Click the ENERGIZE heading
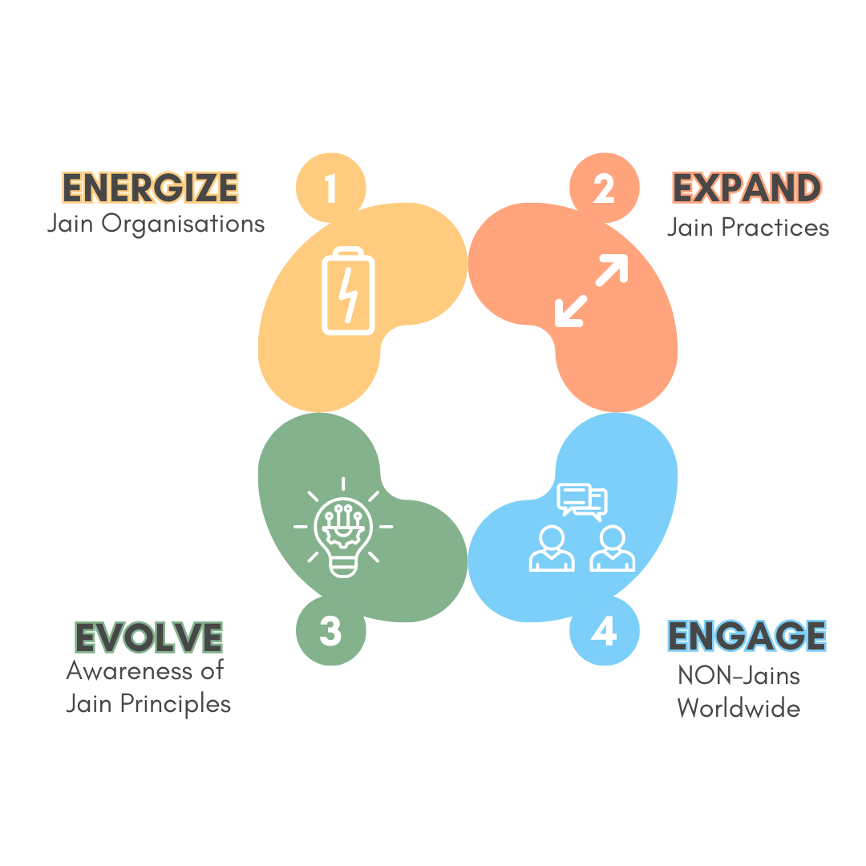tap(150, 188)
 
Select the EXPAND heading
tap(747, 188)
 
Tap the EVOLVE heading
tap(148, 637)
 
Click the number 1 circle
tap(330, 189)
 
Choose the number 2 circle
tap(603, 189)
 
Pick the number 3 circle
tap(330, 632)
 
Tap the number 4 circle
tap(603, 632)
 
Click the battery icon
tap(349, 291)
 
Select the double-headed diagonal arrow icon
tap(592, 291)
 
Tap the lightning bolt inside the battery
tap(349, 294)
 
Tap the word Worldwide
tap(739, 709)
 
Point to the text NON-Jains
tap(739, 675)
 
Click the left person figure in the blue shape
tap(552, 548)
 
